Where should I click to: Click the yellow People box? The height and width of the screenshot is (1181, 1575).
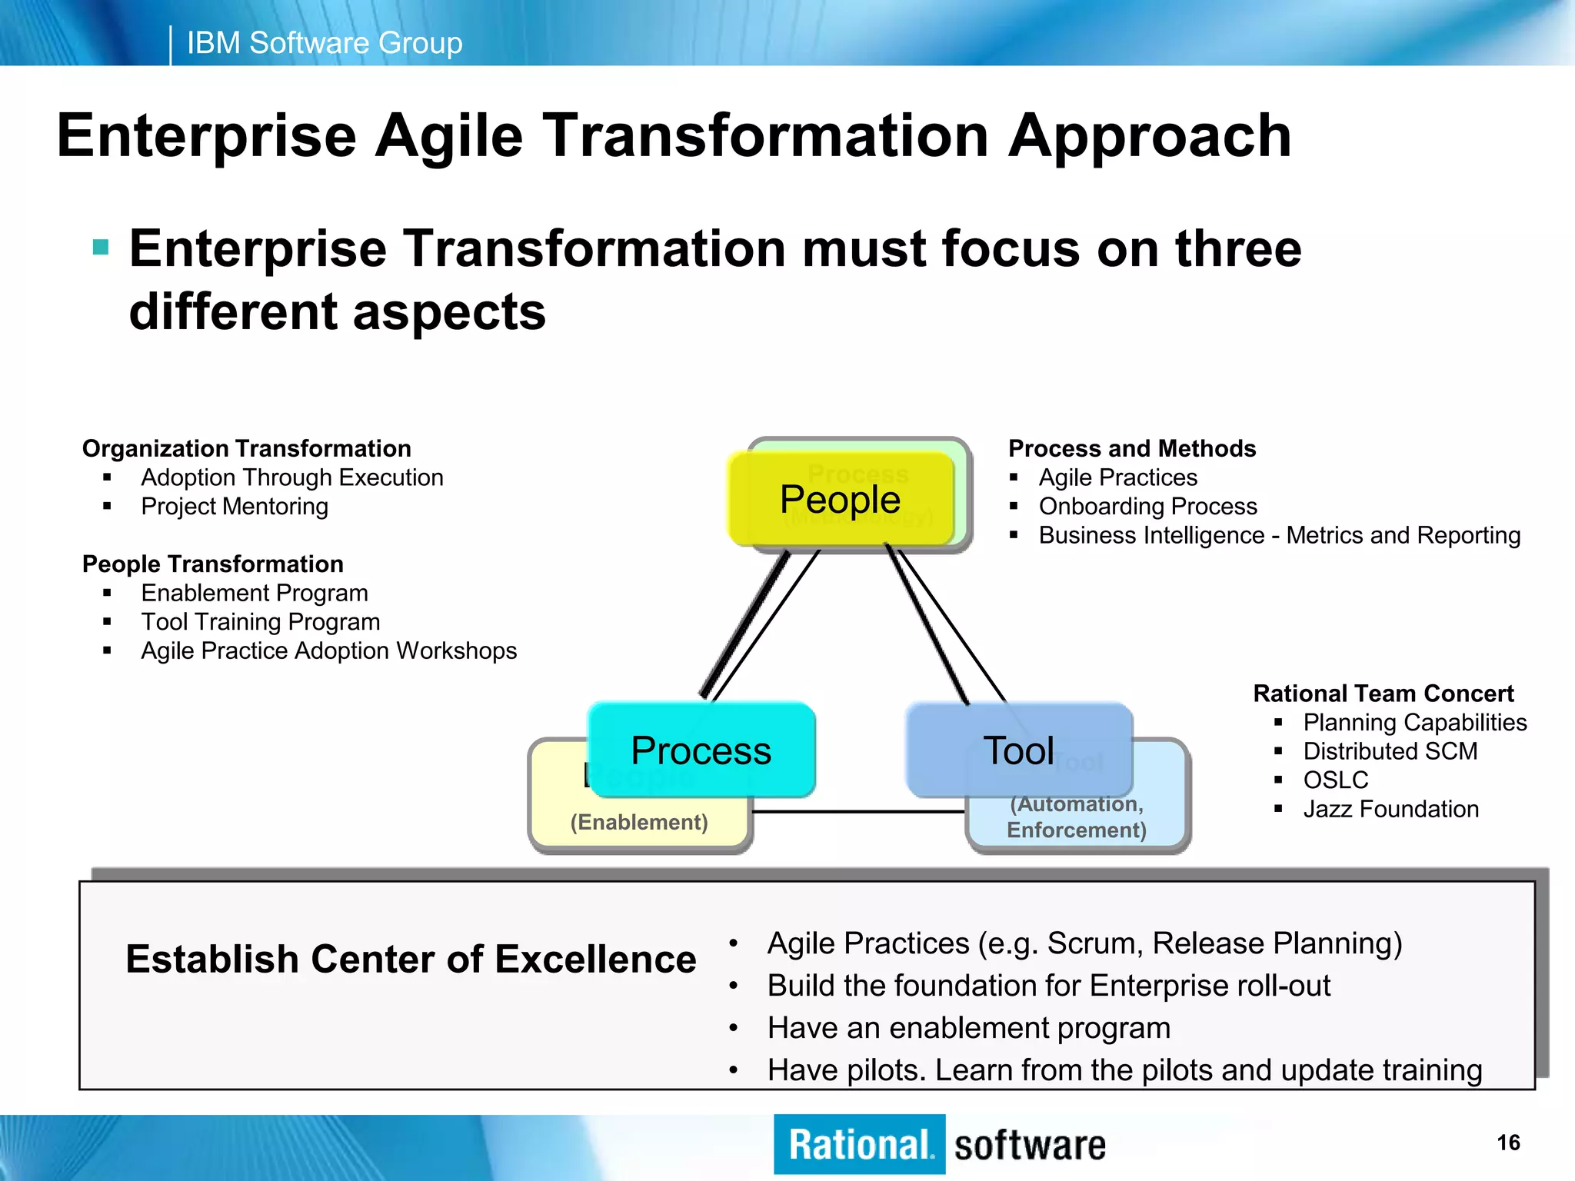click(x=840, y=499)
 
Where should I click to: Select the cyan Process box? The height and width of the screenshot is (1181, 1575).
click(x=701, y=750)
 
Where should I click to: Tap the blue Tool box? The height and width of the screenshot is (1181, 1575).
click(x=1018, y=750)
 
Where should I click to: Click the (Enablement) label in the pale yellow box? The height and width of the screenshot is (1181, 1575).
click(x=638, y=822)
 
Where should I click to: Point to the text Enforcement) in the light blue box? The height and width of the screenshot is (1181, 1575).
click(x=1076, y=830)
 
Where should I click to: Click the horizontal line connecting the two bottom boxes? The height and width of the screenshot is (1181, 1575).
click(x=857, y=811)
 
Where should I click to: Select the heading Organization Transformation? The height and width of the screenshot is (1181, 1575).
click(x=246, y=448)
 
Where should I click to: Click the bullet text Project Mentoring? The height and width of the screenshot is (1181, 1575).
click(x=235, y=507)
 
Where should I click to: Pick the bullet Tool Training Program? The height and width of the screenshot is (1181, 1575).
click(x=260, y=622)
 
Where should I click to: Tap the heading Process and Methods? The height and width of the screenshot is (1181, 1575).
click(x=1131, y=448)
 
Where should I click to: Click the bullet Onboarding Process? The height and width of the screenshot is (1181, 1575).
click(x=1147, y=507)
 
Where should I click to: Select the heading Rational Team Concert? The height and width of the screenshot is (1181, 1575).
click(x=1383, y=694)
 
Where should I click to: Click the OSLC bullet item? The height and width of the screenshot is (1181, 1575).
click(x=1335, y=780)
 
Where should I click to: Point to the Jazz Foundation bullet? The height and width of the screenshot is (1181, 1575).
click(x=1390, y=809)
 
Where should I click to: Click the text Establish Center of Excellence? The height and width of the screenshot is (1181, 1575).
click(x=411, y=959)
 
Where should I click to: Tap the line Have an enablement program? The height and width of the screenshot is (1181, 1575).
click(x=968, y=1028)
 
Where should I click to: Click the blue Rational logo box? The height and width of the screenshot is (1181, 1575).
click(x=859, y=1144)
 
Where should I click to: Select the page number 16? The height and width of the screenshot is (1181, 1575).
click(x=1508, y=1143)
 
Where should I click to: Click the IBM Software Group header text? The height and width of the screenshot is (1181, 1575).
click(x=325, y=43)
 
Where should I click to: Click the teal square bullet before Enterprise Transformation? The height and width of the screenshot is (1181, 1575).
click(x=101, y=248)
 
